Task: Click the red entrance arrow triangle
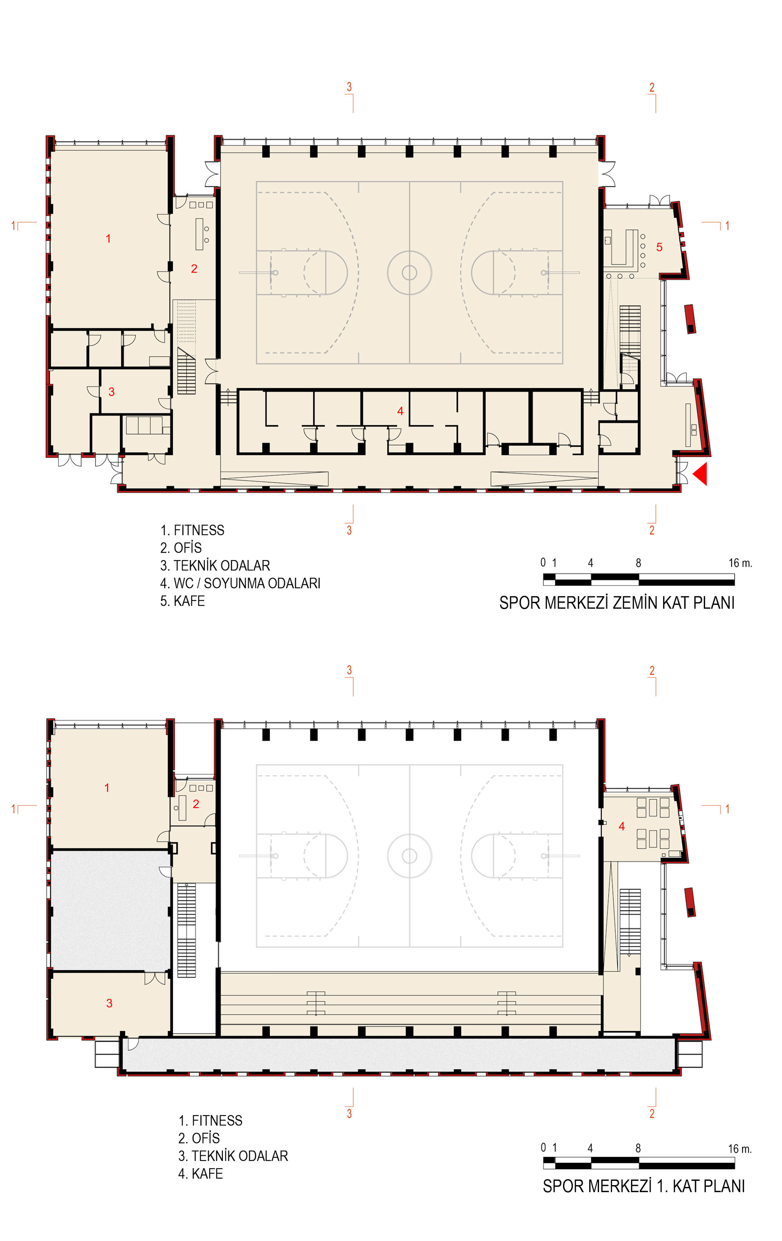click(701, 474)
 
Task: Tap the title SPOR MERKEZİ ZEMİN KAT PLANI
click(617, 602)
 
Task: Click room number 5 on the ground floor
click(659, 247)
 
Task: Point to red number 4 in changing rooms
click(400, 411)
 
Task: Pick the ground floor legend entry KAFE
click(189, 601)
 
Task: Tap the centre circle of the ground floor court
click(409, 272)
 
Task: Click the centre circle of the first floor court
click(409, 856)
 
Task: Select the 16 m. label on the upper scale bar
click(740, 563)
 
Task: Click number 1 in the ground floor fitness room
click(108, 238)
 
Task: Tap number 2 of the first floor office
click(196, 804)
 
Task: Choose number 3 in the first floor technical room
click(109, 1003)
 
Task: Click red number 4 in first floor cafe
click(622, 827)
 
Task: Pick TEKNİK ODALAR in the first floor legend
click(240, 1156)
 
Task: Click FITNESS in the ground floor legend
click(199, 530)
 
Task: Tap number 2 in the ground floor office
click(194, 269)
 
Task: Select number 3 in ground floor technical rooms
click(111, 392)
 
